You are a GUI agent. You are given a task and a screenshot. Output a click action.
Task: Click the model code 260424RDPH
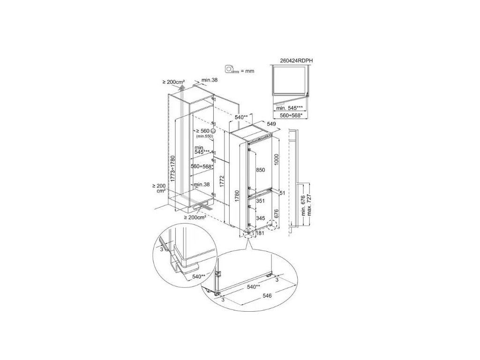pos(296,60)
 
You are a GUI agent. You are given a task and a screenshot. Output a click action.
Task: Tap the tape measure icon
pos(232,69)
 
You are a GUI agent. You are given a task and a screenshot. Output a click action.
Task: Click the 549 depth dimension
pos(271,124)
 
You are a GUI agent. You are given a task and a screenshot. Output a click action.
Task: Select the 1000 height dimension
pos(277,159)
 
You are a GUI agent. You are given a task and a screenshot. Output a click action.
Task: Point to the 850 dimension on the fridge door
pos(261,170)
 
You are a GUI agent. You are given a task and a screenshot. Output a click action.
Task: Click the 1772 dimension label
pos(222,181)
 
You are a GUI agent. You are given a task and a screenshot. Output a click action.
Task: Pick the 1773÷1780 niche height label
pos(173,169)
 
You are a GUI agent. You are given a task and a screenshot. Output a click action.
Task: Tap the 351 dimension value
pos(260,201)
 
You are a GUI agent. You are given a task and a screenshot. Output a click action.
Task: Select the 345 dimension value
pos(260,218)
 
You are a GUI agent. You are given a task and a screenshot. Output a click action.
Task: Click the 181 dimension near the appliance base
pos(260,233)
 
